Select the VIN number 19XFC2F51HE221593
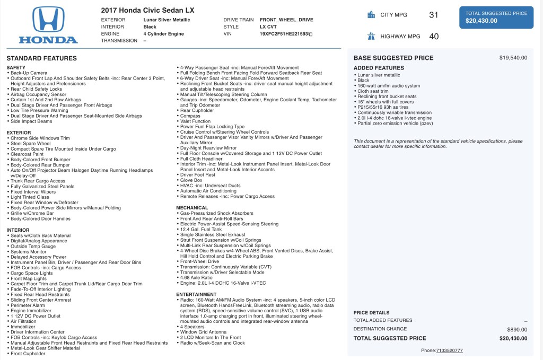coord(284,34)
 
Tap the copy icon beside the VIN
coord(311,34)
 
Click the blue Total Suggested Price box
coord(496,17)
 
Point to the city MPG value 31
coord(434,15)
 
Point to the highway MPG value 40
coord(434,37)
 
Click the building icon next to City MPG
coord(371,15)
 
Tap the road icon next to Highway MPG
coord(371,37)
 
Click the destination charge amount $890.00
coord(517,329)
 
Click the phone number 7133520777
coord(449,350)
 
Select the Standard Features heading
coord(41,58)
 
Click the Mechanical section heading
coord(192,207)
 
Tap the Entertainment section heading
coord(197,294)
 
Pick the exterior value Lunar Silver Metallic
coord(167,20)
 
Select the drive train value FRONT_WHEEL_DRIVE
coord(286,20)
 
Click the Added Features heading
coord(379,68)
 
